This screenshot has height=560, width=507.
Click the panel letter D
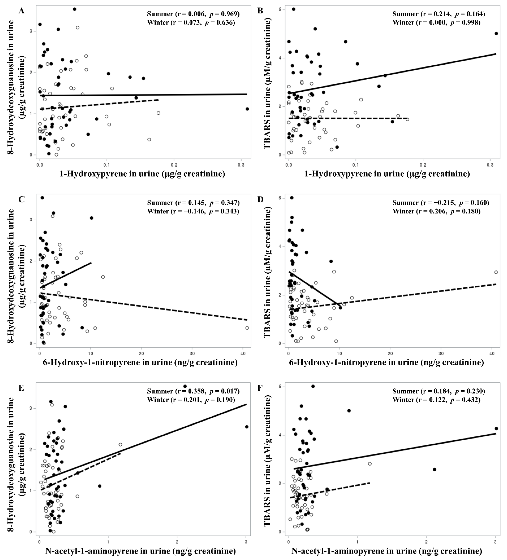(x=260, y=199)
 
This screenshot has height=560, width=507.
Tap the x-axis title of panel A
(x=142, y=174)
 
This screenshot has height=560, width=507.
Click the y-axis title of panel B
(x=268, y=83)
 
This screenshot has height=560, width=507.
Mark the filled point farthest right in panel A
(x=247, y=109)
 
